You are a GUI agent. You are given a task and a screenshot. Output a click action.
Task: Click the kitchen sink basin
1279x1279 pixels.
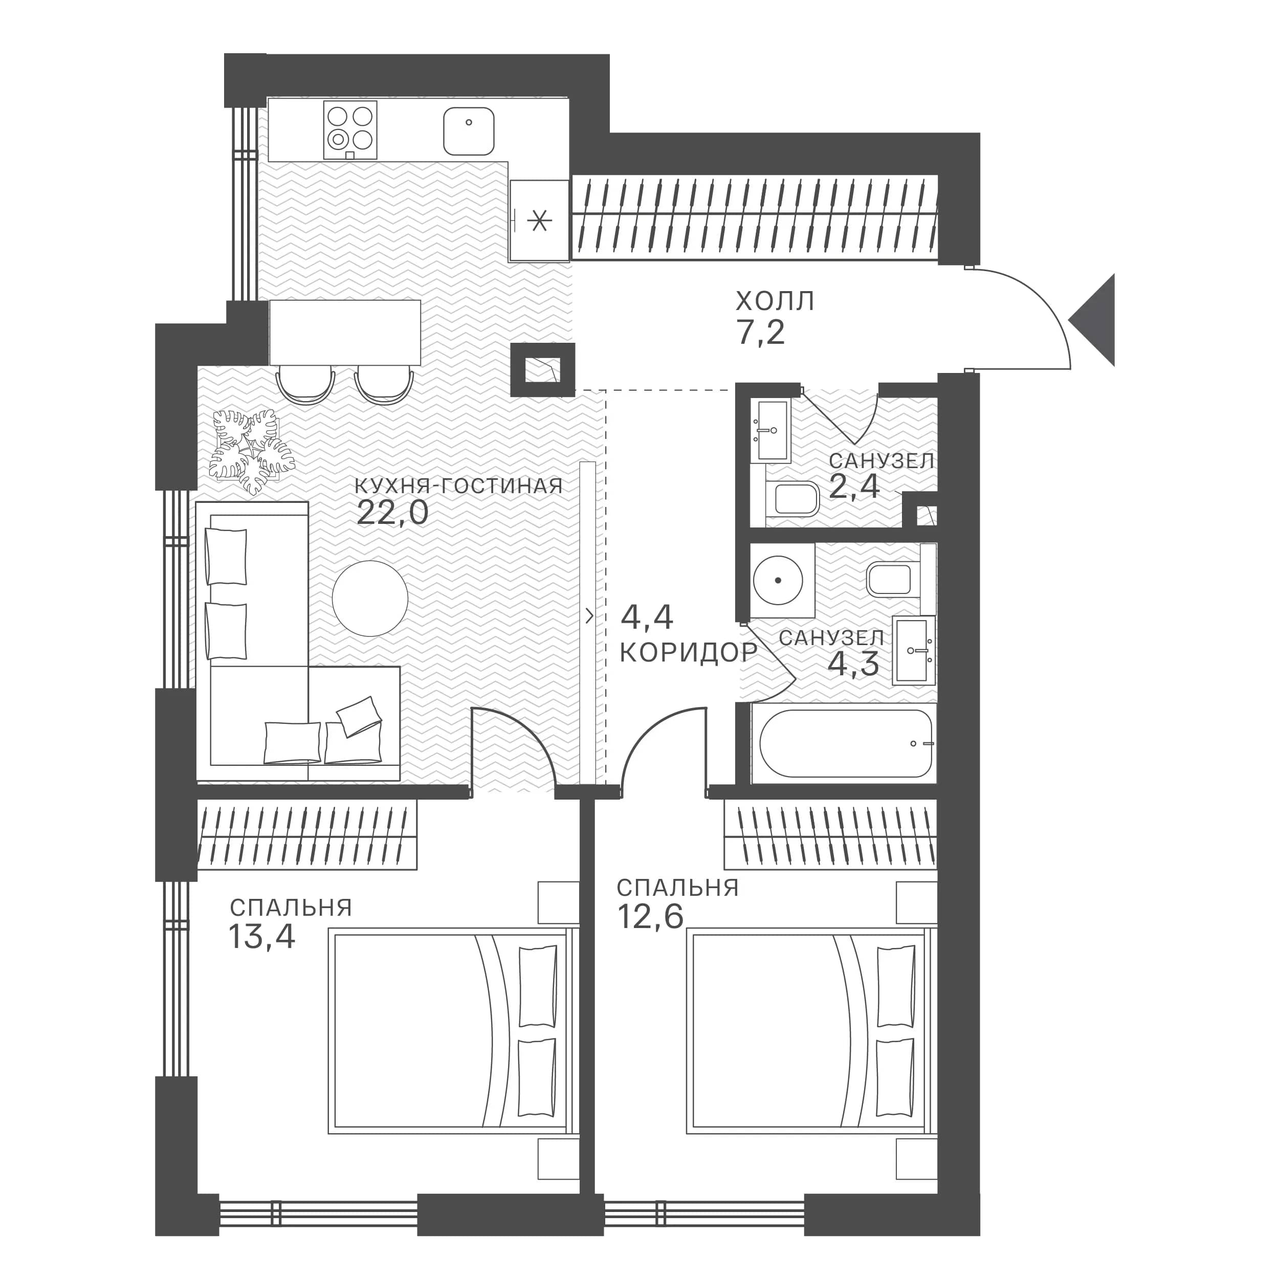(x=469, y=131)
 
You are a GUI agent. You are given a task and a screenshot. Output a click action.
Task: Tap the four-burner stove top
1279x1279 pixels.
(x=350, y=130)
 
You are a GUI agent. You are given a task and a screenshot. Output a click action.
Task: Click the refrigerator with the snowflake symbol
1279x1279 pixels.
(x=540, y=220)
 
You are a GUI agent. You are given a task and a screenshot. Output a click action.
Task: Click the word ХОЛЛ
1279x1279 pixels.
(x=775, y=301)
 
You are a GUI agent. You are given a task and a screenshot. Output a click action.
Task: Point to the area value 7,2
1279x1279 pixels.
(x=760, y=333)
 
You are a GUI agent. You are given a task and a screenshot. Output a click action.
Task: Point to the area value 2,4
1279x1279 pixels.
(x=854, y=487)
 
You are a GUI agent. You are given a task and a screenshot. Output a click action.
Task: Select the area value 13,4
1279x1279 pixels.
(x=261, y=936)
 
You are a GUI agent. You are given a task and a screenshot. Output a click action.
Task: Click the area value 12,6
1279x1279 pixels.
(x=650, y=917)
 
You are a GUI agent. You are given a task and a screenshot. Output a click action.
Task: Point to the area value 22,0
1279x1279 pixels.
(x=392, y=513)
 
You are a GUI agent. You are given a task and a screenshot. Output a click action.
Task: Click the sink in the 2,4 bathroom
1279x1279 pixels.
(x=773, y=430)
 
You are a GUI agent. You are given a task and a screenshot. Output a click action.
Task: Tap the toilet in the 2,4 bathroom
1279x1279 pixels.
(x=792, y=499)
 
